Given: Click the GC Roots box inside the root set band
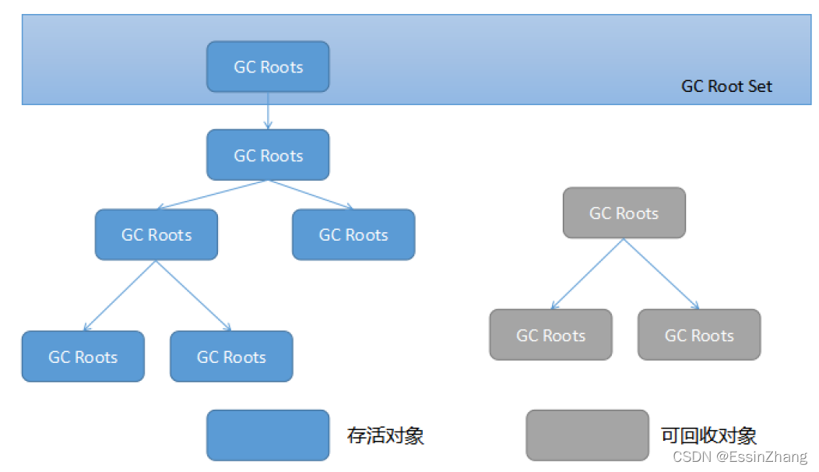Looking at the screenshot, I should pyautogui.click(x=268, y=66).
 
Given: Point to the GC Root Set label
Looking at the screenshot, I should pyautogui.click(x=726, y=86).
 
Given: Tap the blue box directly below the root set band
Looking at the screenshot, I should pyautogui.click(x=268, y=155).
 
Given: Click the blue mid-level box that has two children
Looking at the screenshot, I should pyautogui.click(x=156, y=234).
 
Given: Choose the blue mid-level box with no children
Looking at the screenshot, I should pyautogui.click(x=353, y=234).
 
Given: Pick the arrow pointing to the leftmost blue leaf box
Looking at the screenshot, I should pyautogui.click(x=120, y=296).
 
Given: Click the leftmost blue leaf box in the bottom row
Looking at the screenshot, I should pyautogui.click(x=83, y=357).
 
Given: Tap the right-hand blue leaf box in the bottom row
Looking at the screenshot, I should pyautogui.click(x=231, y=357).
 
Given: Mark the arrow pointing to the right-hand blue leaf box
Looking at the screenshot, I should pyautogui.click(x=194, y=296).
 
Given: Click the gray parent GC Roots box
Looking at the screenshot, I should pyautogui.click(x=624, y=213).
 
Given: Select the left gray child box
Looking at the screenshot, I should pyautogui.click(x=551, y=335).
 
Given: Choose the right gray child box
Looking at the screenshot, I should pyautogui.click(x=699, y=335).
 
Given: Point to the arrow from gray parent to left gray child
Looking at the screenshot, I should pyautogui.click(x=588, y=273).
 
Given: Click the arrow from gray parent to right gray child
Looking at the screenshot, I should pyautogui.click(x=662, y=273).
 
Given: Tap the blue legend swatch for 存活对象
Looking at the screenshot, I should pyautogui.click(x=268, y=435).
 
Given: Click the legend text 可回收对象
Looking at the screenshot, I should pyautogui.click(x=708, y=435).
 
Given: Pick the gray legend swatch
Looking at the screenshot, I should pyautogui.click(x=587, y=435).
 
